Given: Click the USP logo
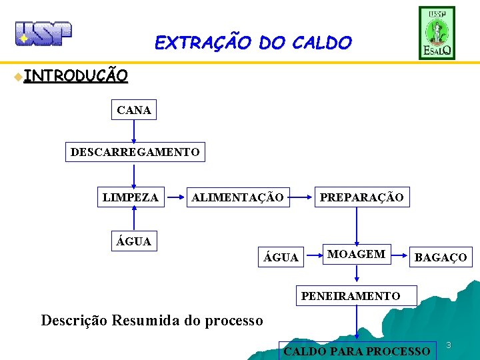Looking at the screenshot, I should click(43, 33).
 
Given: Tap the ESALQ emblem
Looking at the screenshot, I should click(437, 33).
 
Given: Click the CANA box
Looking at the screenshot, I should click(134, 110).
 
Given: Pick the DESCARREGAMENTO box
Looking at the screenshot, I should click(135, 152).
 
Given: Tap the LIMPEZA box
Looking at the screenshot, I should click(131, 197).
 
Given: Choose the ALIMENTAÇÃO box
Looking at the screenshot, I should click(237, 197).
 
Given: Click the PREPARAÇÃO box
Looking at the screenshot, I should click(361, 197).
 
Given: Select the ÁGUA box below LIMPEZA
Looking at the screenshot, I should click(134, 241).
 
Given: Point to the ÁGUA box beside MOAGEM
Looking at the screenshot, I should click(281, 257).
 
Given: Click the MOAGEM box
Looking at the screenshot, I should click(356, 254).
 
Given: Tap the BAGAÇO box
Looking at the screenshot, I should click(441, 257).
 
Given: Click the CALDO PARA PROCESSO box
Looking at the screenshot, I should click(357, 351).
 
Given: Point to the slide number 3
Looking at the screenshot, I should click(449, 345).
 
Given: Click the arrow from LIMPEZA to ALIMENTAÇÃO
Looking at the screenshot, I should click(175, 197).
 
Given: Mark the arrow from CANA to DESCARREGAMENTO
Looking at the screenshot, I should click(134, 131).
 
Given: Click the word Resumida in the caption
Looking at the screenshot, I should click(147, 321).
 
